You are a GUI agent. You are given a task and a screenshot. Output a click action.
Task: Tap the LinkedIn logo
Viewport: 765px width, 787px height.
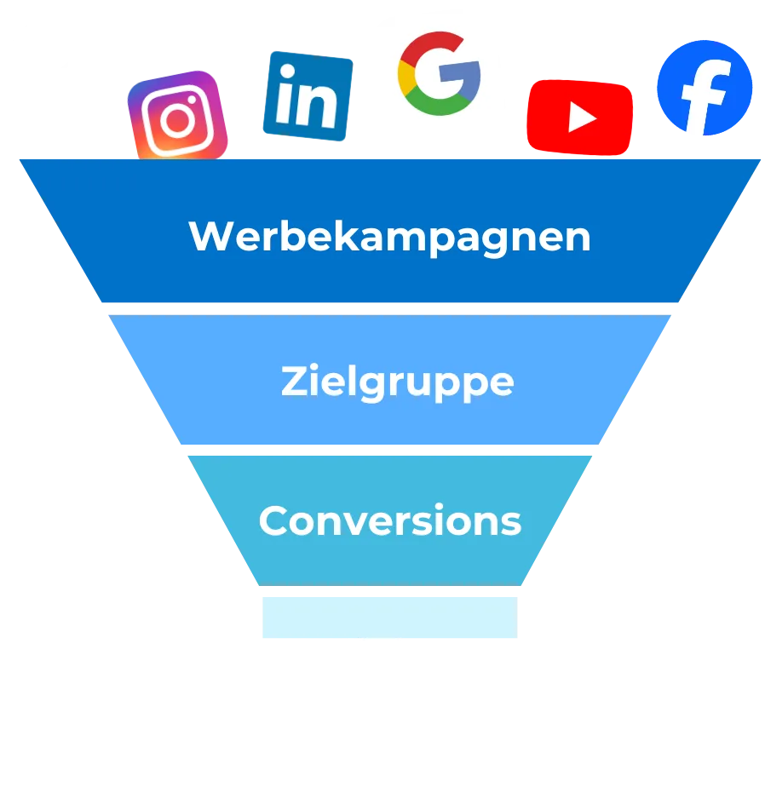[x=307, y=95]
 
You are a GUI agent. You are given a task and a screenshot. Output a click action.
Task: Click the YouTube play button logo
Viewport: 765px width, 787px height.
[x=579, y=117]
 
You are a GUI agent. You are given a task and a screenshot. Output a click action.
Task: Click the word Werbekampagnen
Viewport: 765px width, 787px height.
[x=389, y=236]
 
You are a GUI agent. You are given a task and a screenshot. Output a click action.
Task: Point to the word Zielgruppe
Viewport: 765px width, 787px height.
[x=397, y=382]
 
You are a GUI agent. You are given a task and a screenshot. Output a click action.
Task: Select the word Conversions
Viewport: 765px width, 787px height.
[x=389, y=520]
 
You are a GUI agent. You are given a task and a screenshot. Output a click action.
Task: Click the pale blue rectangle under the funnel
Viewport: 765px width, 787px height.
[x=388, y=616]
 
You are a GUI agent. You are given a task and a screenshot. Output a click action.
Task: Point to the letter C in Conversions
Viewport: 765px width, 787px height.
[x=273, y=520]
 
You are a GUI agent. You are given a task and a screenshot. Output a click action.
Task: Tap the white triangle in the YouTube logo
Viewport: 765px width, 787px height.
[x=582, y=118]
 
